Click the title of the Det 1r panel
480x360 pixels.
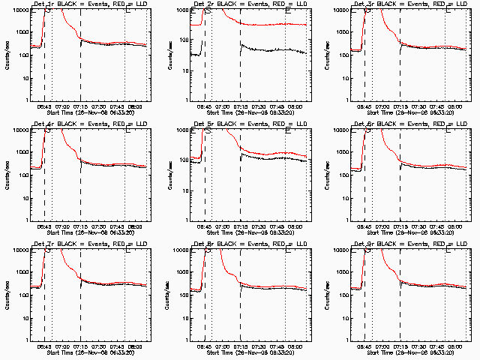click(88, 4)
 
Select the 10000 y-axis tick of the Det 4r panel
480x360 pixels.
click(19, 130)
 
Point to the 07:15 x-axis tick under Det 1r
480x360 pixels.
click(80, 106)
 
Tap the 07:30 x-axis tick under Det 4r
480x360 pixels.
click(98, 226)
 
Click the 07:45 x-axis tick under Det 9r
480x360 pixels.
click(437, 346)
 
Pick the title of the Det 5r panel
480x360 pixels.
click(249, 124)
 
